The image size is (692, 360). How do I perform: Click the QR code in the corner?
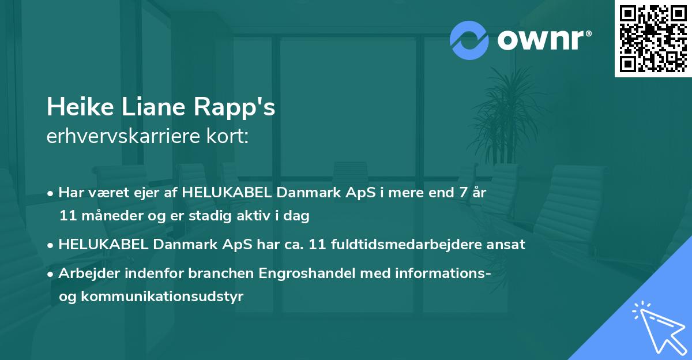(x=653, y=38)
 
